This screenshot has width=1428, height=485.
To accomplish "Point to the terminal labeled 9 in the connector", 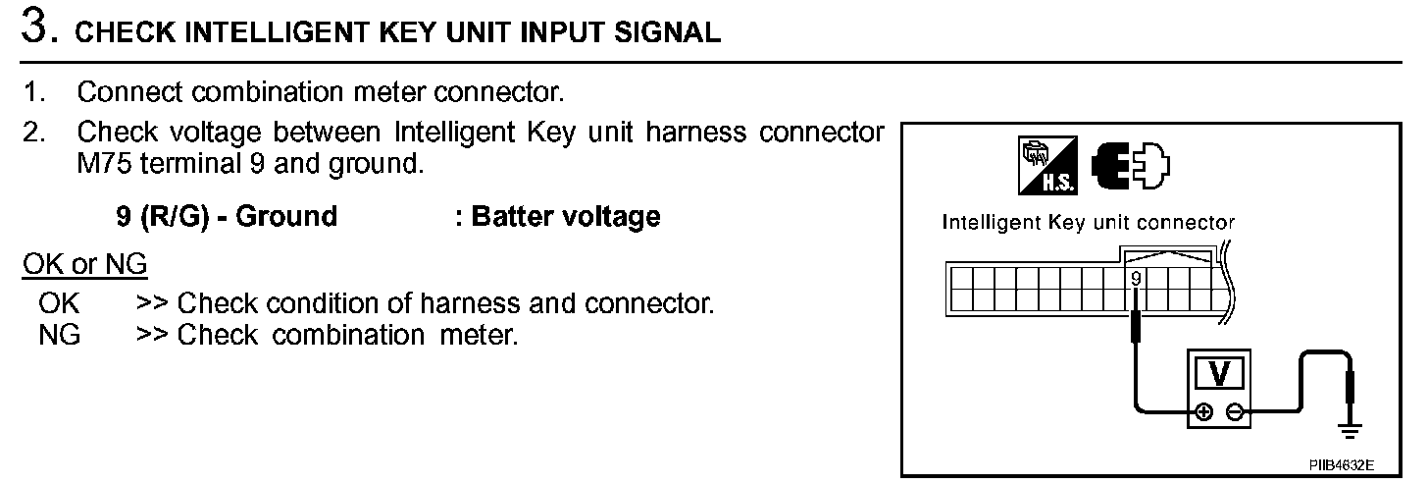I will (1135, 279).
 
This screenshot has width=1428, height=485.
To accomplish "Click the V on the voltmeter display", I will (1220, 372).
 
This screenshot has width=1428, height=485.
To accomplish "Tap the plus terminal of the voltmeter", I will (1204, 412).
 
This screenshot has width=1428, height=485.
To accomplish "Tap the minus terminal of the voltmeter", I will (1236, 412).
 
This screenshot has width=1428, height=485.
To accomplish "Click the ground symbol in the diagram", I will (1351, 429).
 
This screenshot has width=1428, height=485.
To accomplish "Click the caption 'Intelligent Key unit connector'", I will (1088, 223).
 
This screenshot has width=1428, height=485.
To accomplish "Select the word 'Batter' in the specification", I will (515, 216).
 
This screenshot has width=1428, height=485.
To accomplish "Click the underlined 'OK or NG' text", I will (84, 265).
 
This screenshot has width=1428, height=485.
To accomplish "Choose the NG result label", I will (60, 335).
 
